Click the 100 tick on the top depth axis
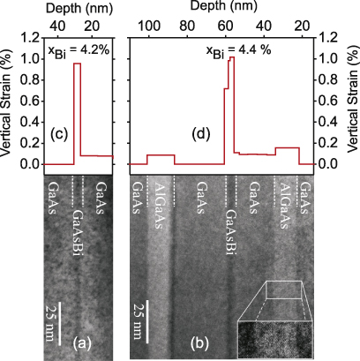[x=148, y=24]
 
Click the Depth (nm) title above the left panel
[x=78, y=7]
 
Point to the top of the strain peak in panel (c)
[x=77, y=64]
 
